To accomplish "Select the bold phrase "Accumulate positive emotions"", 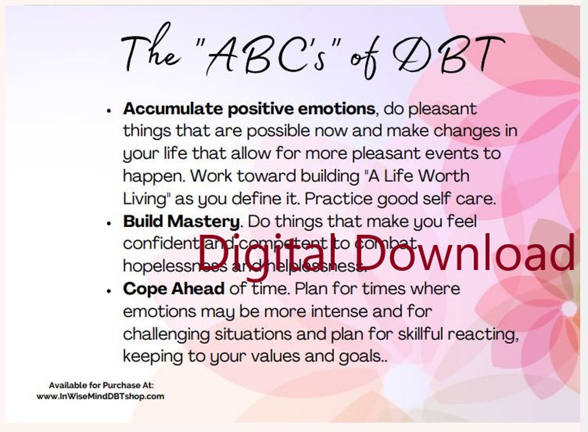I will [x=249, y=109].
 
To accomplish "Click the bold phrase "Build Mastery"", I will [x=181, y=221].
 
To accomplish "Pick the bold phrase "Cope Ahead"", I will [x=173, y=289].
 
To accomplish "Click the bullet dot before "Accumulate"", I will [x=109, y=110].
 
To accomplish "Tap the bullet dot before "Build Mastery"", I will [x=109, y=222].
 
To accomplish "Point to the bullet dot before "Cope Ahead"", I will [x=109, y=290].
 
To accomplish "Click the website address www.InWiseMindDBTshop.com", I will [x=100, y=396].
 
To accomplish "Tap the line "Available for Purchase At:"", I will [x=101, y=385].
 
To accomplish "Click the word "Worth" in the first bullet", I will [x=444, y=177].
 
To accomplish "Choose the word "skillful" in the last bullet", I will [x=420, y=333].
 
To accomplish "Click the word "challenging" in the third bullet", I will [x=166, y=334].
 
